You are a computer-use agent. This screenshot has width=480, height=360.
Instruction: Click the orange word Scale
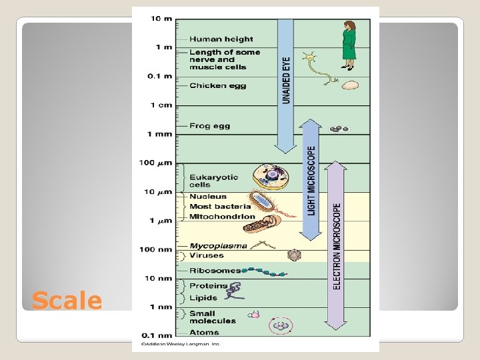67,301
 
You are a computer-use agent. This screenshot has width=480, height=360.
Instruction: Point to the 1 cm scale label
161,105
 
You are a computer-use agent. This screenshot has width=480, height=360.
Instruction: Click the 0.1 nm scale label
157,335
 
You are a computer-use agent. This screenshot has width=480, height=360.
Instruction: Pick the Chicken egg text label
217,85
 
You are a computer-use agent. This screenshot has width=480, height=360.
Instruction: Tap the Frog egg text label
209,125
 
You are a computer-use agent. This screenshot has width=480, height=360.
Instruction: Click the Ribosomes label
215,271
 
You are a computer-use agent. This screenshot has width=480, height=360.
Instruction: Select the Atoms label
203,332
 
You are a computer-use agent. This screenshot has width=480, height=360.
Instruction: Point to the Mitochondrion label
222,217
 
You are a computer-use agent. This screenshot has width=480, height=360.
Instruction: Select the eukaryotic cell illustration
271,177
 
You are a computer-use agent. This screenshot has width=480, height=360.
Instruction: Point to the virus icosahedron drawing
293,255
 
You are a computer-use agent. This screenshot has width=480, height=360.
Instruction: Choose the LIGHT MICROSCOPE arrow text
311,181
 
